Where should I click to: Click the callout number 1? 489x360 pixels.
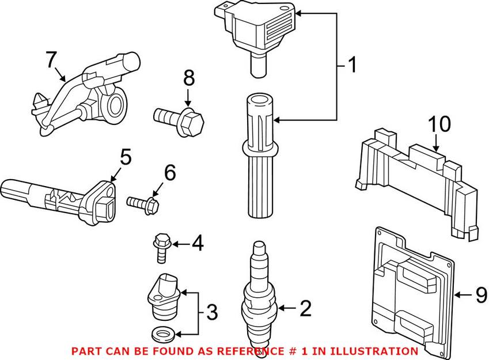(352, 65)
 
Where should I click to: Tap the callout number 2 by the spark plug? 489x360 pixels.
(305, 308)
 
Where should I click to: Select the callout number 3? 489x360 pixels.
(212, 312)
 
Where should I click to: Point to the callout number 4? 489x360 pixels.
(198, 243)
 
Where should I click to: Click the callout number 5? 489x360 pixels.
(126, 158)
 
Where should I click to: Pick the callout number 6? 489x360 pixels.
(170, 173)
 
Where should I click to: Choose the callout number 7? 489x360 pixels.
(51, 59)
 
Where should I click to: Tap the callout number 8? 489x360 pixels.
(189, 78)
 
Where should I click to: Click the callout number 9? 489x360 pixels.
(480, 295)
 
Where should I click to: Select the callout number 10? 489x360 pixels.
(439, 124)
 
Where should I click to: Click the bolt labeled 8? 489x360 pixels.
(179, 120)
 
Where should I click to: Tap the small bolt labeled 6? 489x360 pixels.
(143, 204)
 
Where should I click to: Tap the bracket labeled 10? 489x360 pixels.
(416, 181)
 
